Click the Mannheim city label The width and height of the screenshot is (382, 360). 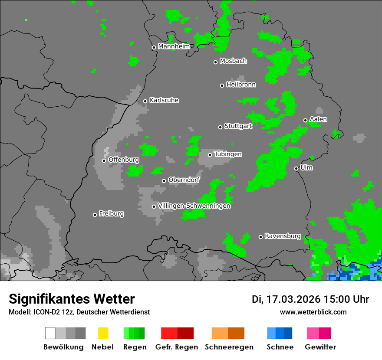[x=174, y=46]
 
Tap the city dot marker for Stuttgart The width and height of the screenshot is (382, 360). [x=220, y=127]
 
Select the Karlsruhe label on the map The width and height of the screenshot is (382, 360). [x=164, y=100]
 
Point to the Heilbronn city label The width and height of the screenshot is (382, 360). [x=241, y=85]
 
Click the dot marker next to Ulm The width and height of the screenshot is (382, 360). [x=296, y=168]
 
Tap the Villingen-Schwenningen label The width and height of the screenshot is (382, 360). [x=194, y=206]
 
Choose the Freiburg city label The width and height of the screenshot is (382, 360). [x=111, y=214]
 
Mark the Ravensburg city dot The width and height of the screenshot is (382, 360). [x=260, y=237]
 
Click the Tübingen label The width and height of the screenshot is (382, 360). [x=228, y=154]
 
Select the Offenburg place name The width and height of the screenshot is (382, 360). [x=124, y=160]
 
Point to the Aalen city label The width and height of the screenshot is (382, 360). [x=318, y=119]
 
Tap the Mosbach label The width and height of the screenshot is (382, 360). [x=233, y=61]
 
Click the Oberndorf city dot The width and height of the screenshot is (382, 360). [x=164, y=181]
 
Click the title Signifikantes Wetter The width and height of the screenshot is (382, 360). [x=72, y=299]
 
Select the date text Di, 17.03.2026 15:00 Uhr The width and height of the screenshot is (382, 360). [x=310, y=299]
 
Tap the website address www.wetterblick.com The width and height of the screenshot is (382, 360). [x=313, y=312]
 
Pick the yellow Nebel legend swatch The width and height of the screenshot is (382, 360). [x=103, y=333]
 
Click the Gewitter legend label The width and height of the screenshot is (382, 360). [x=320, y=347]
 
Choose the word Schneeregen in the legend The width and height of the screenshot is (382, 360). [x=229, y=347]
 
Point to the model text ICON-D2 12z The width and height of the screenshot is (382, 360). [x=56, y=312]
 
